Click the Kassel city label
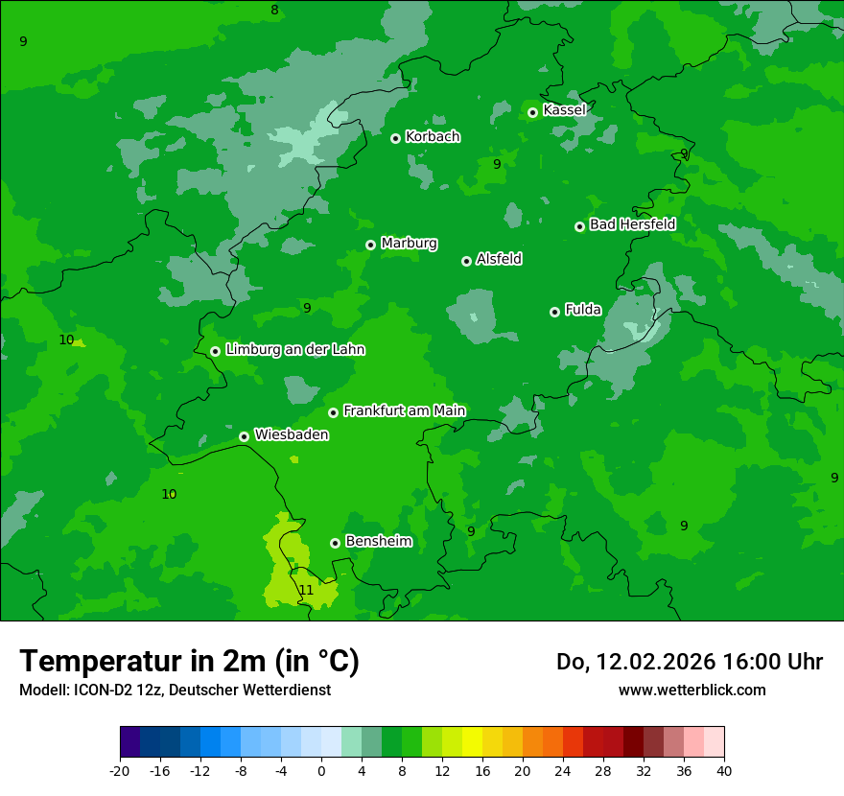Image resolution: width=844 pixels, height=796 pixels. click(x=564, y=110)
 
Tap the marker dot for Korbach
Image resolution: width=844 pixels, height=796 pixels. click(x=395, y=138)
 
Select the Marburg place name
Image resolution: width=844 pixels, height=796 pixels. click(x=409, y=244)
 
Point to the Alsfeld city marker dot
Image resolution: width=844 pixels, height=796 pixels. click(x=466, y=261)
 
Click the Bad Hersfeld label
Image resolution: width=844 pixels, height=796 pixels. click(x=632, y=224)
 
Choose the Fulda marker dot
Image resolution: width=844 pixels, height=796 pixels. click(x=554, y=312)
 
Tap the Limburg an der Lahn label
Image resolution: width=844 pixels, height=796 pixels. click(x=294, y=350)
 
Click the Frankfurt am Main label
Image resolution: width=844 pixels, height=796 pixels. click(x=404, y=410)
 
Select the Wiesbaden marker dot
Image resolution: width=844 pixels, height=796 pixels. click(x=245, y=436)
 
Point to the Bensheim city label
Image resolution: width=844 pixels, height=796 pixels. click(x=378, y=541)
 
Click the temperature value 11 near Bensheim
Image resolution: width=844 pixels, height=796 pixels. click(x=306, y=590)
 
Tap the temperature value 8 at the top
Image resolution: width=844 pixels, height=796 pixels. click(x=274, y=11)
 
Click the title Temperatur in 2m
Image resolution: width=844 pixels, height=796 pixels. click(x=189, y=661)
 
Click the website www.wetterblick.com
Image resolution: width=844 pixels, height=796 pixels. click(x=692, y=690)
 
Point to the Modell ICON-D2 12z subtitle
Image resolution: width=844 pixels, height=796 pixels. click(x=175, y=690)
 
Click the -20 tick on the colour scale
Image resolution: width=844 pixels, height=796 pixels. click(x=120, y=770)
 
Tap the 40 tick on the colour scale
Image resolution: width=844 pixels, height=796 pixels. click(x=724, y=770)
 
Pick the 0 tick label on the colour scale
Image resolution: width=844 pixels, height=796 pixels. click(x=321, y=770)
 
